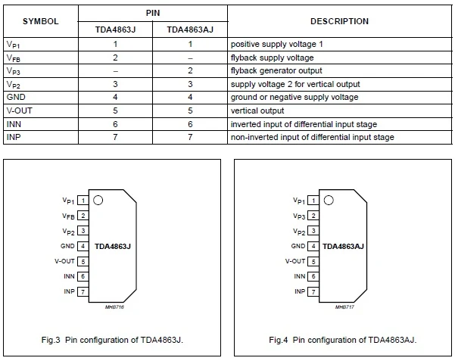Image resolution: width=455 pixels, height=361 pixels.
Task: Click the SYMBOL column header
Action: click(41, 21)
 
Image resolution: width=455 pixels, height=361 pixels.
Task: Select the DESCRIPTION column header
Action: click(340, 21)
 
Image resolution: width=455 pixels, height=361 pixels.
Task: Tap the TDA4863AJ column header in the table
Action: click(191, 30)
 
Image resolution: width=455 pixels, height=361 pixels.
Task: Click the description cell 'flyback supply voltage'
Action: click(272, 58)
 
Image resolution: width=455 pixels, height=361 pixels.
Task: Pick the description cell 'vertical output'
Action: click(257, 110)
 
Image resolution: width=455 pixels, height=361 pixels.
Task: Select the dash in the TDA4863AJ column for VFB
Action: click(191, 58)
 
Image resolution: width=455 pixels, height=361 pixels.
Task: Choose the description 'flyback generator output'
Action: click(276, 71)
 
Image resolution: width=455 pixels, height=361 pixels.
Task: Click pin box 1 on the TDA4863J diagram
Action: click(83, 201)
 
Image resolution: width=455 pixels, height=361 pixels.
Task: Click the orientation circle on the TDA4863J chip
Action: click(98, 201)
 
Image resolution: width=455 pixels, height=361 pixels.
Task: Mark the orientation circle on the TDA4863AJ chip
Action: click(327, 201)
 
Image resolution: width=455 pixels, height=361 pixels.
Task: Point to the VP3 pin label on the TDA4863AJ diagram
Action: click(298, 216)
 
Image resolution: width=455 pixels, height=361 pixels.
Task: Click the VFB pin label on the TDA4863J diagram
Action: click(68, 216)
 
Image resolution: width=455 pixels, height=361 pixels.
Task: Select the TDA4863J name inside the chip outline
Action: click(113, 247)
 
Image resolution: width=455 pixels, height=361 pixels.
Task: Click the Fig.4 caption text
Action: click(342, 340)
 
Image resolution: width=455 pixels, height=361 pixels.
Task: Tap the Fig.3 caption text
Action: click(112, 340)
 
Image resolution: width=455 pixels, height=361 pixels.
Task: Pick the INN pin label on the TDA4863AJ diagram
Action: click(299, 276)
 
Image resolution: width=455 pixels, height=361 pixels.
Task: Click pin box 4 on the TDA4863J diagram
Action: click(83, 246)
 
